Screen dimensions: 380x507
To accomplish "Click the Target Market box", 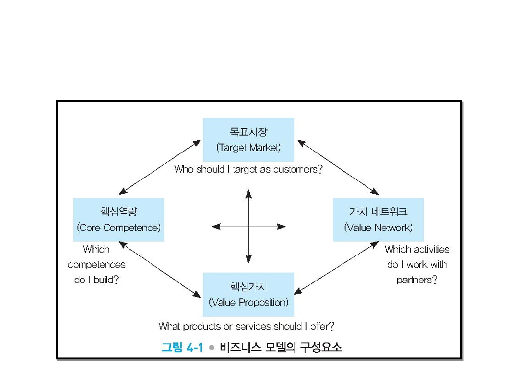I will pos(248,139).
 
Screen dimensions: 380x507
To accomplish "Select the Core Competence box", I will pos(119,220).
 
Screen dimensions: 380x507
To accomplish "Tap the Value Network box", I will pos(378,220).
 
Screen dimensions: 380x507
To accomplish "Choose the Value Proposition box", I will pos(248,294).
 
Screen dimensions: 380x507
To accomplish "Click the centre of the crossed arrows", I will pos(248,227).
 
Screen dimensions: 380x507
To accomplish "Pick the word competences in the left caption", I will pos(97,265).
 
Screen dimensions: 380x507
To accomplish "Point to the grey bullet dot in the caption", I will pos(212,348).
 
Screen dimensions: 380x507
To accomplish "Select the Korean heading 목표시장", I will pos(248,132).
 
